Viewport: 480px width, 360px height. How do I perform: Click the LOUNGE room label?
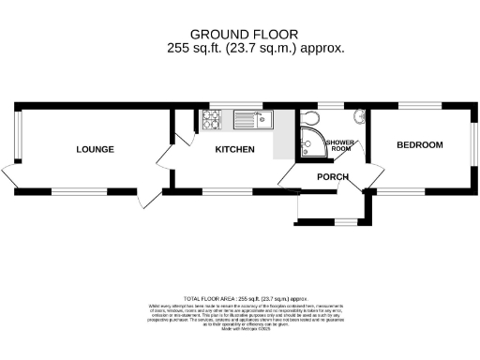pos(96,149)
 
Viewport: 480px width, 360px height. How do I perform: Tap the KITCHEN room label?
pos(235,149)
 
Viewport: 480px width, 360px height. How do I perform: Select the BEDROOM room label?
pos(419,145)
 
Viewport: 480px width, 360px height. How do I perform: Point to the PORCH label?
pos(333,177)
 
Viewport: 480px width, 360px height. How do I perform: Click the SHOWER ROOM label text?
pos(338,144)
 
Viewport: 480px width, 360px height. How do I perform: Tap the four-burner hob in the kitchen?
pos(211,119)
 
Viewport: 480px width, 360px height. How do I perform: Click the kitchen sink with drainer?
pos(251,119)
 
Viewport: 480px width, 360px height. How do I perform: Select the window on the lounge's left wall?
pos(14,133)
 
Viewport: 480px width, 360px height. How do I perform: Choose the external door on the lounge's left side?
pos(8,174)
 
